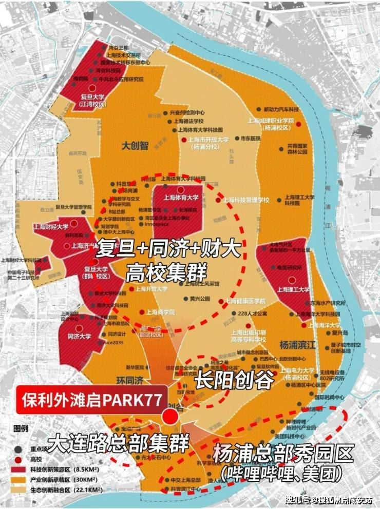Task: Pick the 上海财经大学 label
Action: pos(51,226)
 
